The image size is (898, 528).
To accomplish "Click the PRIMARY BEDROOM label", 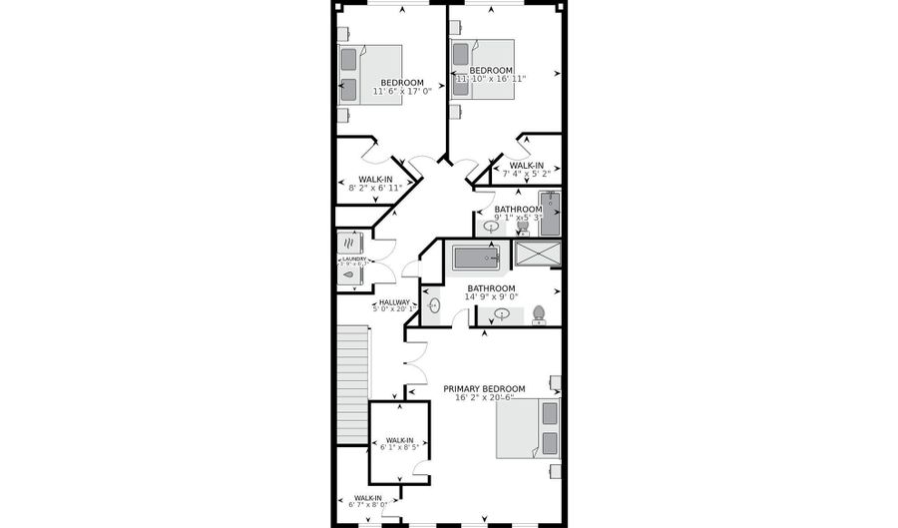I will coord(484,388).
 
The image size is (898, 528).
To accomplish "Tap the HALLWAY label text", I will coord(393,301).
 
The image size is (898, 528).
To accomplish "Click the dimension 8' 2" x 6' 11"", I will coord(376,188).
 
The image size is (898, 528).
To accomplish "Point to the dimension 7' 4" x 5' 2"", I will coord(526,173).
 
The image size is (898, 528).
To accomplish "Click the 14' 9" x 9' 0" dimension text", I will coord(492,296).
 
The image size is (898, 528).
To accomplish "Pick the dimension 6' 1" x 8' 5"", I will coord(399,447).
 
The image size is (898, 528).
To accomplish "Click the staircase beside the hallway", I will coord(353,384).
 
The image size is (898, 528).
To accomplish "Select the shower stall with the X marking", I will coord(538,254).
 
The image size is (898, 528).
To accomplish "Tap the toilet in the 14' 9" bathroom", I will coord(539,314).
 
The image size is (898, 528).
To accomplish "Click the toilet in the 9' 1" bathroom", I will coord(522,227).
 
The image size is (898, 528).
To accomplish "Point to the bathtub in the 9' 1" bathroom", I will coord(549,213).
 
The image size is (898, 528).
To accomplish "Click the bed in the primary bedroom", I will coord(529,428).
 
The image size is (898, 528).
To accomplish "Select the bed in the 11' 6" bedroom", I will coord(370,75).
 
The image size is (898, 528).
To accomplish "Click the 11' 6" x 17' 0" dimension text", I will coord(402,92).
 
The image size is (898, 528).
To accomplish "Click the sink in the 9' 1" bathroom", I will coord(492,226).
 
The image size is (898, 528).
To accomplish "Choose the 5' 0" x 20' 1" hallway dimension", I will coord(393,309).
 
